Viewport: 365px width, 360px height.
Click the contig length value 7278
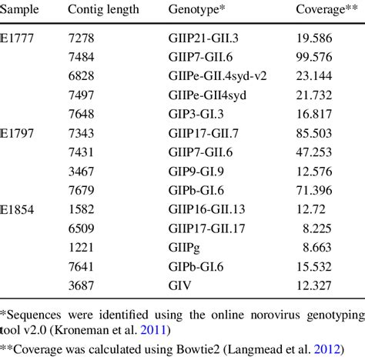click(x=82, y=36)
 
